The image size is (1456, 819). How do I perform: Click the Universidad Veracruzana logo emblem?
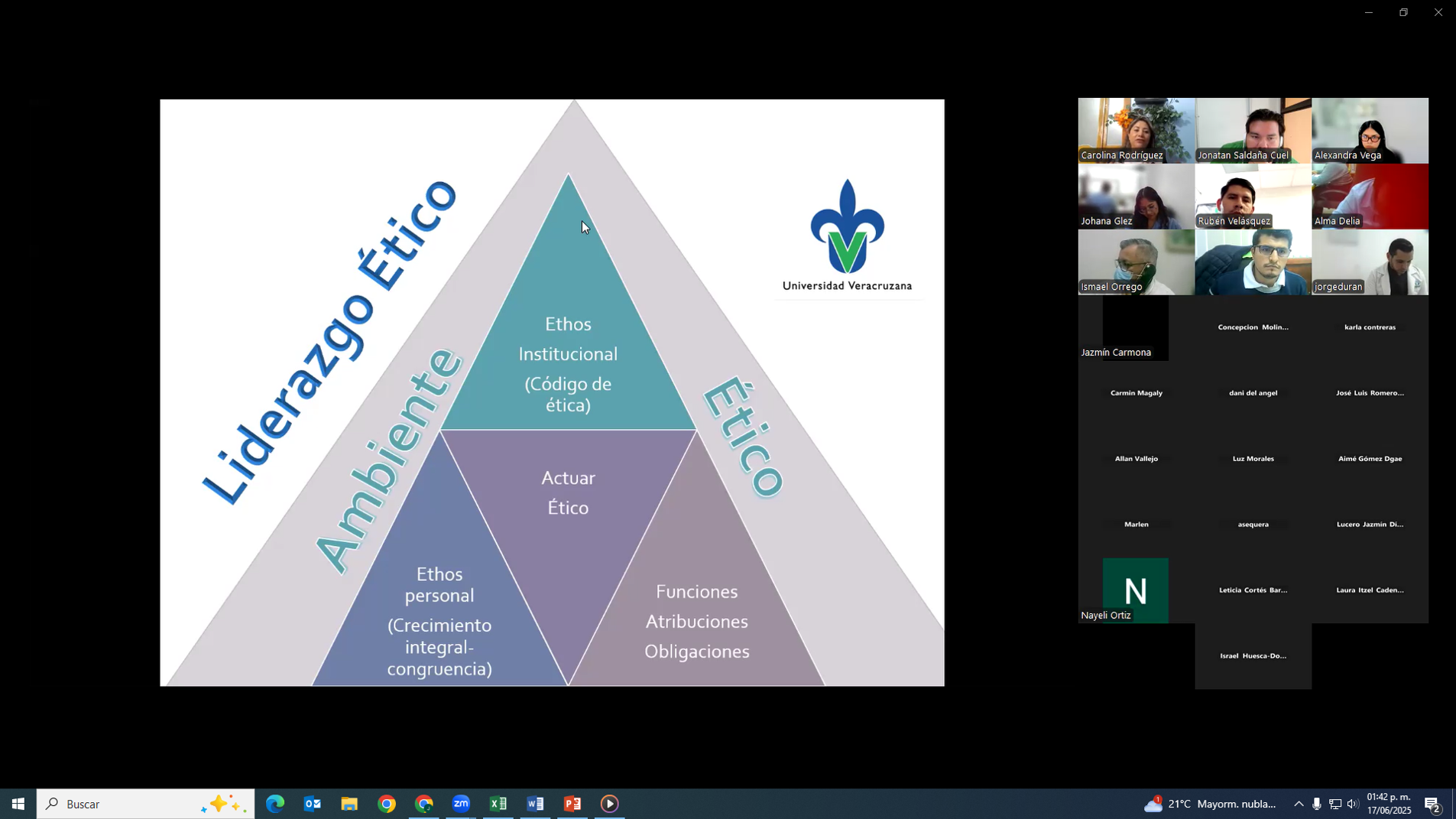847,227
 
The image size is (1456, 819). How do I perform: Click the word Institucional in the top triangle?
568,354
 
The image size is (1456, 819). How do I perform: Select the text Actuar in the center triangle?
568,478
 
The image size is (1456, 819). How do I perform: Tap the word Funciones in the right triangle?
696,592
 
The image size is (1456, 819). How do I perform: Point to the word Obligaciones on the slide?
696,652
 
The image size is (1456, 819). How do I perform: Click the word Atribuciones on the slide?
696,622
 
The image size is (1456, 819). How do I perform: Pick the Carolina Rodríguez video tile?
1136,130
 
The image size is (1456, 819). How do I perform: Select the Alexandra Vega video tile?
1370,130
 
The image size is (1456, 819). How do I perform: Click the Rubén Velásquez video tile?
1253,196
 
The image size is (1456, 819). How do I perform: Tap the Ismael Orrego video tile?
1136,262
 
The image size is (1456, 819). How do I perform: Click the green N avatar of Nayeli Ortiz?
1135,590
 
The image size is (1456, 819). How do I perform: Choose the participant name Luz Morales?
1253,459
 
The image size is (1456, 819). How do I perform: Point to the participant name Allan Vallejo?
1136,459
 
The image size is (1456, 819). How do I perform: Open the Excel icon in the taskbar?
498,804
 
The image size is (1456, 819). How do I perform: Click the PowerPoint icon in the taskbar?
572,804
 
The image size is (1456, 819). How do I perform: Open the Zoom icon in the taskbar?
461,804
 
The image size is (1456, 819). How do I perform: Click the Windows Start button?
18,804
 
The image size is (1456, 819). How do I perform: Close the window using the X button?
1438,12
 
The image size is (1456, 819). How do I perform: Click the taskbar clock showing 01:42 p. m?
1389,804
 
